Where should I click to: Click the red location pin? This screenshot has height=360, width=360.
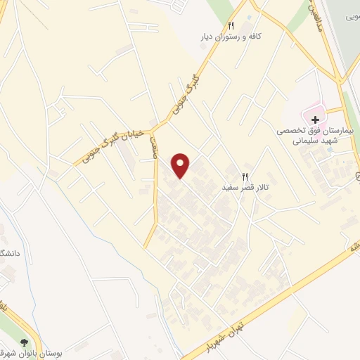click(x=181, y=165)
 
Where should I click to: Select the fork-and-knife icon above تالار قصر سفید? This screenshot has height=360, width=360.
click(x=245, y=177)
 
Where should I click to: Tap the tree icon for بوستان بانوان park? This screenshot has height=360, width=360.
click(x=25, y=340)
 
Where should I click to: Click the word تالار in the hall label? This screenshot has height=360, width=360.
click(x=262, y=189)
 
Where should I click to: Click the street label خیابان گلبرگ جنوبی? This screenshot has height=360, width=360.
click(x=112, y=143)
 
